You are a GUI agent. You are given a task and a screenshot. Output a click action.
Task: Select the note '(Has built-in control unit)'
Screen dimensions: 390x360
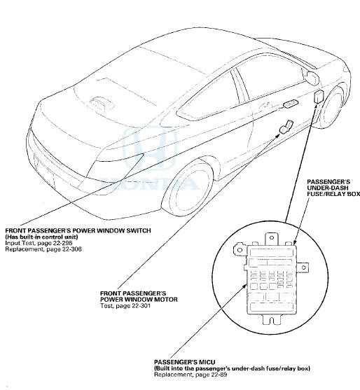pos(46,237)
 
